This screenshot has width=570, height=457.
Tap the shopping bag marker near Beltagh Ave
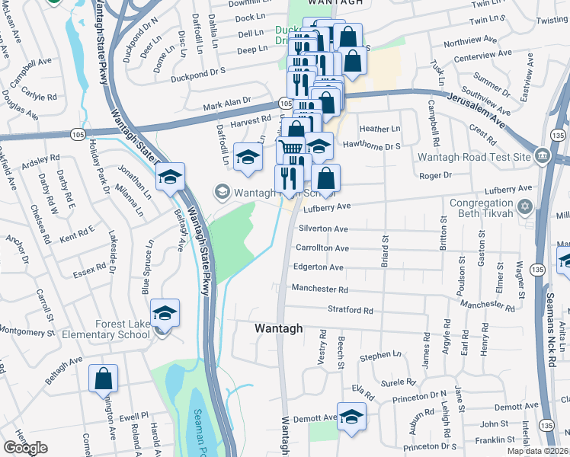click(103, 379)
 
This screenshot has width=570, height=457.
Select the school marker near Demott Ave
click(351, 417)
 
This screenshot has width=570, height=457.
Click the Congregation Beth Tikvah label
click(481, 209)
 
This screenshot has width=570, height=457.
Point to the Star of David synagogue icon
click(524, 207)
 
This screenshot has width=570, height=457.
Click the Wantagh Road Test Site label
click(474, 157)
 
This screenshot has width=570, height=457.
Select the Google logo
click(25, 448)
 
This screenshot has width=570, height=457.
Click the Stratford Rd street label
click(351, 311)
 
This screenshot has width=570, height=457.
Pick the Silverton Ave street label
click(323, 228)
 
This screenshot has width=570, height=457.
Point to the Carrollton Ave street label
click(322, 248)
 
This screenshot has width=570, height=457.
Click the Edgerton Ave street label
click(319, 267)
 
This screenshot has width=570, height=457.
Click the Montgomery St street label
click(26, 331)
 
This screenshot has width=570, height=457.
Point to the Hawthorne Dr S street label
click(372, 145)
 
